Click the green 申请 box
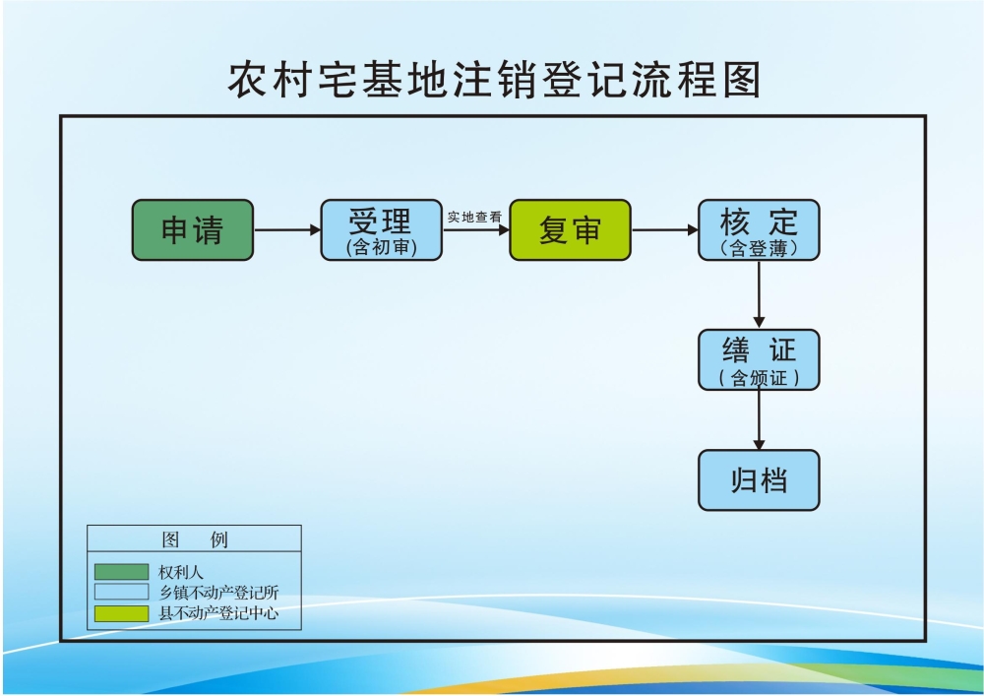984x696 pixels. pos(193,230)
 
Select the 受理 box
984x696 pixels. pos(381,230)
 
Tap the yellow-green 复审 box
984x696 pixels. pos(570,230)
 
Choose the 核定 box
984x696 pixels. pos(759,230)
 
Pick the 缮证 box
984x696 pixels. pos(759,359)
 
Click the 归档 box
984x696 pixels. pos(759,480)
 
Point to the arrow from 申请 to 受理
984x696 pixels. pos(286,230)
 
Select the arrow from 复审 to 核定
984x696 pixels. pos(664,230)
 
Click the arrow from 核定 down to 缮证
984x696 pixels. pos(759,294)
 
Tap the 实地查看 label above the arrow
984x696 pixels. pos(474,217)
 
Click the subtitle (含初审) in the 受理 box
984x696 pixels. pos(381,248)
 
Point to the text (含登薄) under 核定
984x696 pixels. pos(759,248)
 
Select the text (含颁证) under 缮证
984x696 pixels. pos(759,378)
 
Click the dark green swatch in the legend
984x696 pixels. pos(121,571)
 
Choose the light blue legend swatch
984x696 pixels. pos(121,592)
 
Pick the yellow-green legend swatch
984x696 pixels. pos(121,613)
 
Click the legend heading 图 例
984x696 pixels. pos(194,539)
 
